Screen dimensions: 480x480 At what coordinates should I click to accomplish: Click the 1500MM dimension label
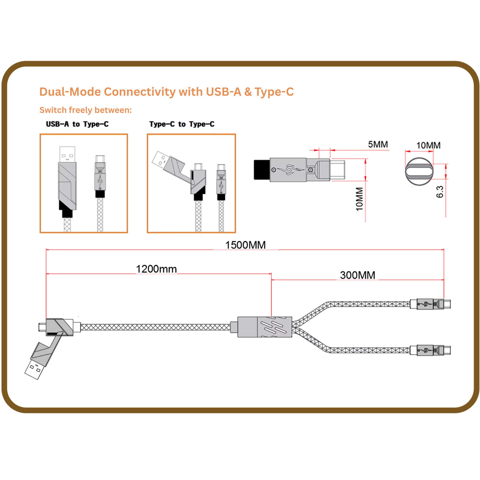pyautogui.click(x=245, y=245)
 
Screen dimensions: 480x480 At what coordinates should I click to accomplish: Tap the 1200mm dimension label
pyautogui.click(x=156, y=269)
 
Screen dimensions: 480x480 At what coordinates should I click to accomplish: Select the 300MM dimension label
pyautogui.click(x=357, y=275)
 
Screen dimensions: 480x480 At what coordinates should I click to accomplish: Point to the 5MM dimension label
pyautogui.click(x=378, y=144)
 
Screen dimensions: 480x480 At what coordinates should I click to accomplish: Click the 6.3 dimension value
pyautogui.click(x=440, y=192)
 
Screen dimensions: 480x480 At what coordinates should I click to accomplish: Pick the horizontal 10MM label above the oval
pyautogui.click(x=428, y=145)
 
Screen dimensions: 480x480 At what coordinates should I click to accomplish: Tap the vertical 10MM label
pyautogui.click(x=359, y=199)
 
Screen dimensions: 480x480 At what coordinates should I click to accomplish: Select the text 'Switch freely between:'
pyautogui.click(x=85, y=110)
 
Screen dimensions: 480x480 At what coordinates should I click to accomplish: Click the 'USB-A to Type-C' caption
pyautogui.click(x=77, y=124)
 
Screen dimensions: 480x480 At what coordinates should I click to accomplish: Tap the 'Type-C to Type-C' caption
pyautogui.click(x=182, y=124)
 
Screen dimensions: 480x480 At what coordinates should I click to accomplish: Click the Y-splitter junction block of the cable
pyautogui.click(x=265, y=327)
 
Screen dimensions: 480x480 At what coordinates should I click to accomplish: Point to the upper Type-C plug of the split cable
pyautogui.click(x=443, y=304)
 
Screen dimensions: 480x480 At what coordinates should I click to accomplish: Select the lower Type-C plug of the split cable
pyautogui.click(x=443, y=350)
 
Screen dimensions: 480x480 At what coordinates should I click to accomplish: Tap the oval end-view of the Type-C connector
pyautogui.click(x=419, y=171)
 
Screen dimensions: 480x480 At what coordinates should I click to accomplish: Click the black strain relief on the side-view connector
pyautogui.click(x=262, y=170)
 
